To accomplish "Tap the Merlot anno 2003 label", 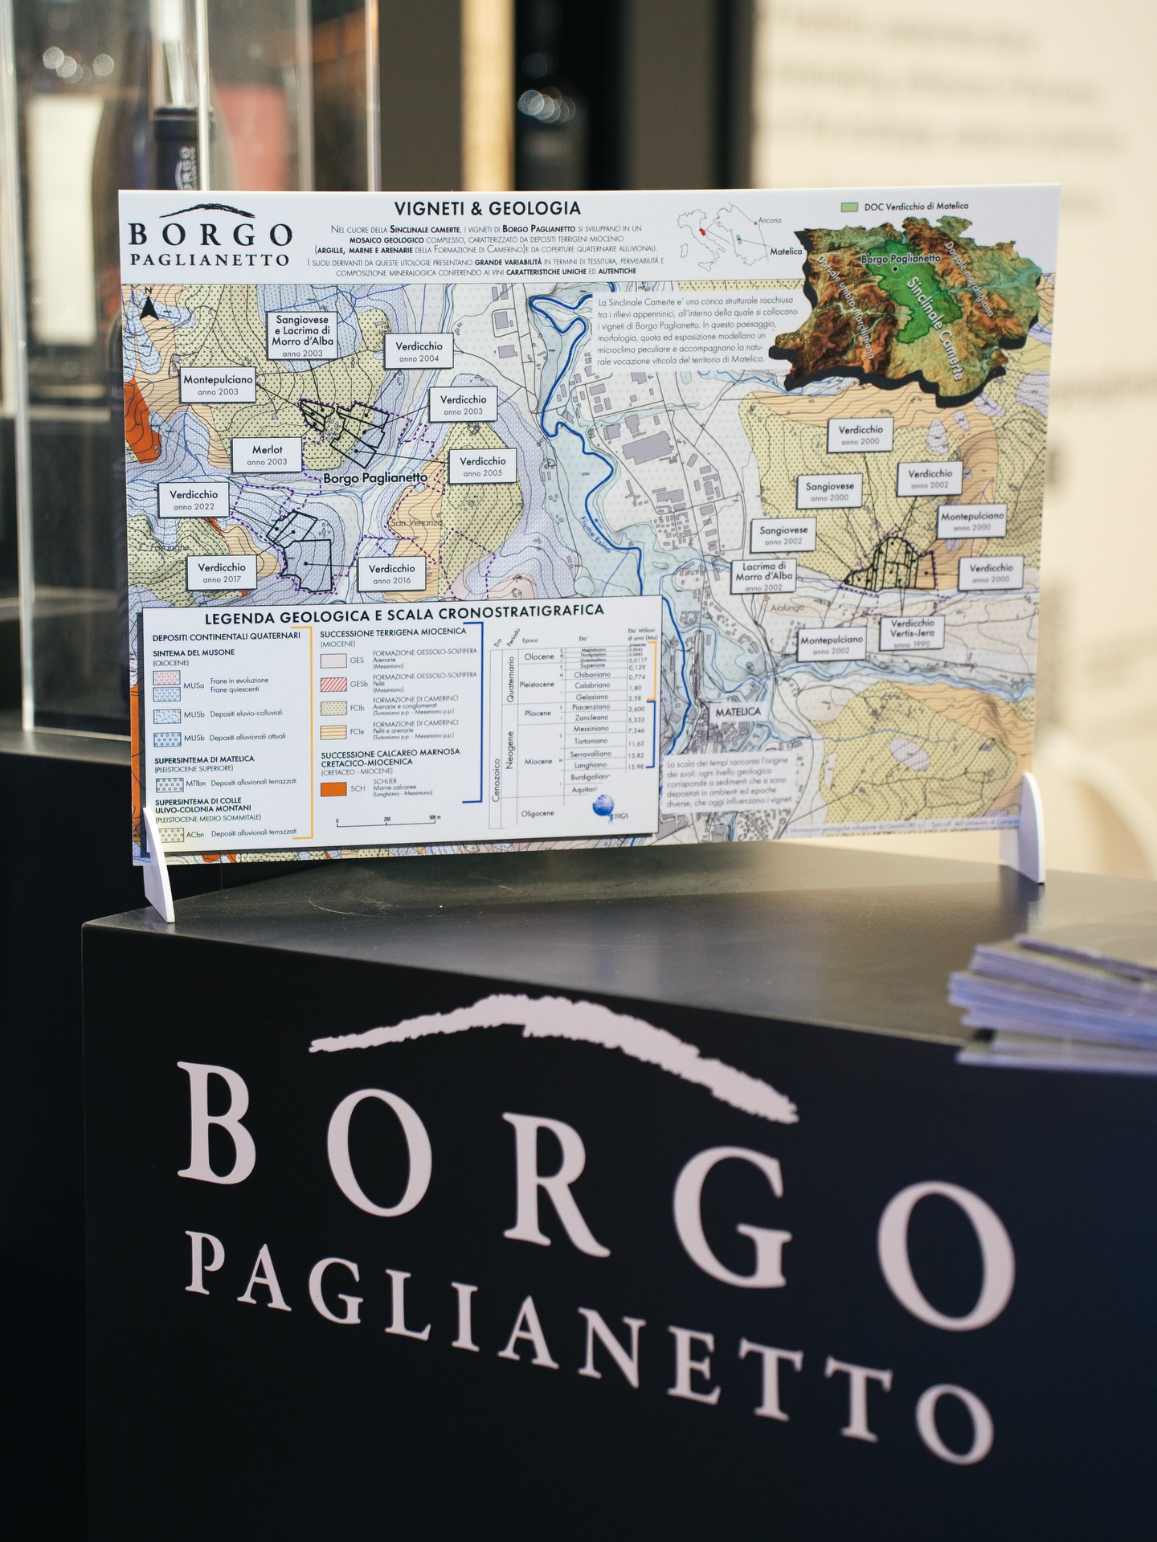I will click(267, 455).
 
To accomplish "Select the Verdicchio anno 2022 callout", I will click(194, 500).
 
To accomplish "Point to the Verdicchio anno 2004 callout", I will click(419, 351).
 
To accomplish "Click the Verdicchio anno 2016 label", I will click(391, 574).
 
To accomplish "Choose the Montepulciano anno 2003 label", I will click(218, 385).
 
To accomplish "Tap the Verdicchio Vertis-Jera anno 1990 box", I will click(913, 633).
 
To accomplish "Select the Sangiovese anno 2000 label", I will click(830, 491).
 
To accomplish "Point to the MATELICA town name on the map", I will click(738, 712).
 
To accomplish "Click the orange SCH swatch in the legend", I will click(333, 789).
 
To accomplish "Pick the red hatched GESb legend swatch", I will click(333, 685).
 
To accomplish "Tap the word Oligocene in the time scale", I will click(538, 813).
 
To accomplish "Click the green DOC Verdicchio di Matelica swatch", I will click(849, 207).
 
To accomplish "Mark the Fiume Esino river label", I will click(594, 537).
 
